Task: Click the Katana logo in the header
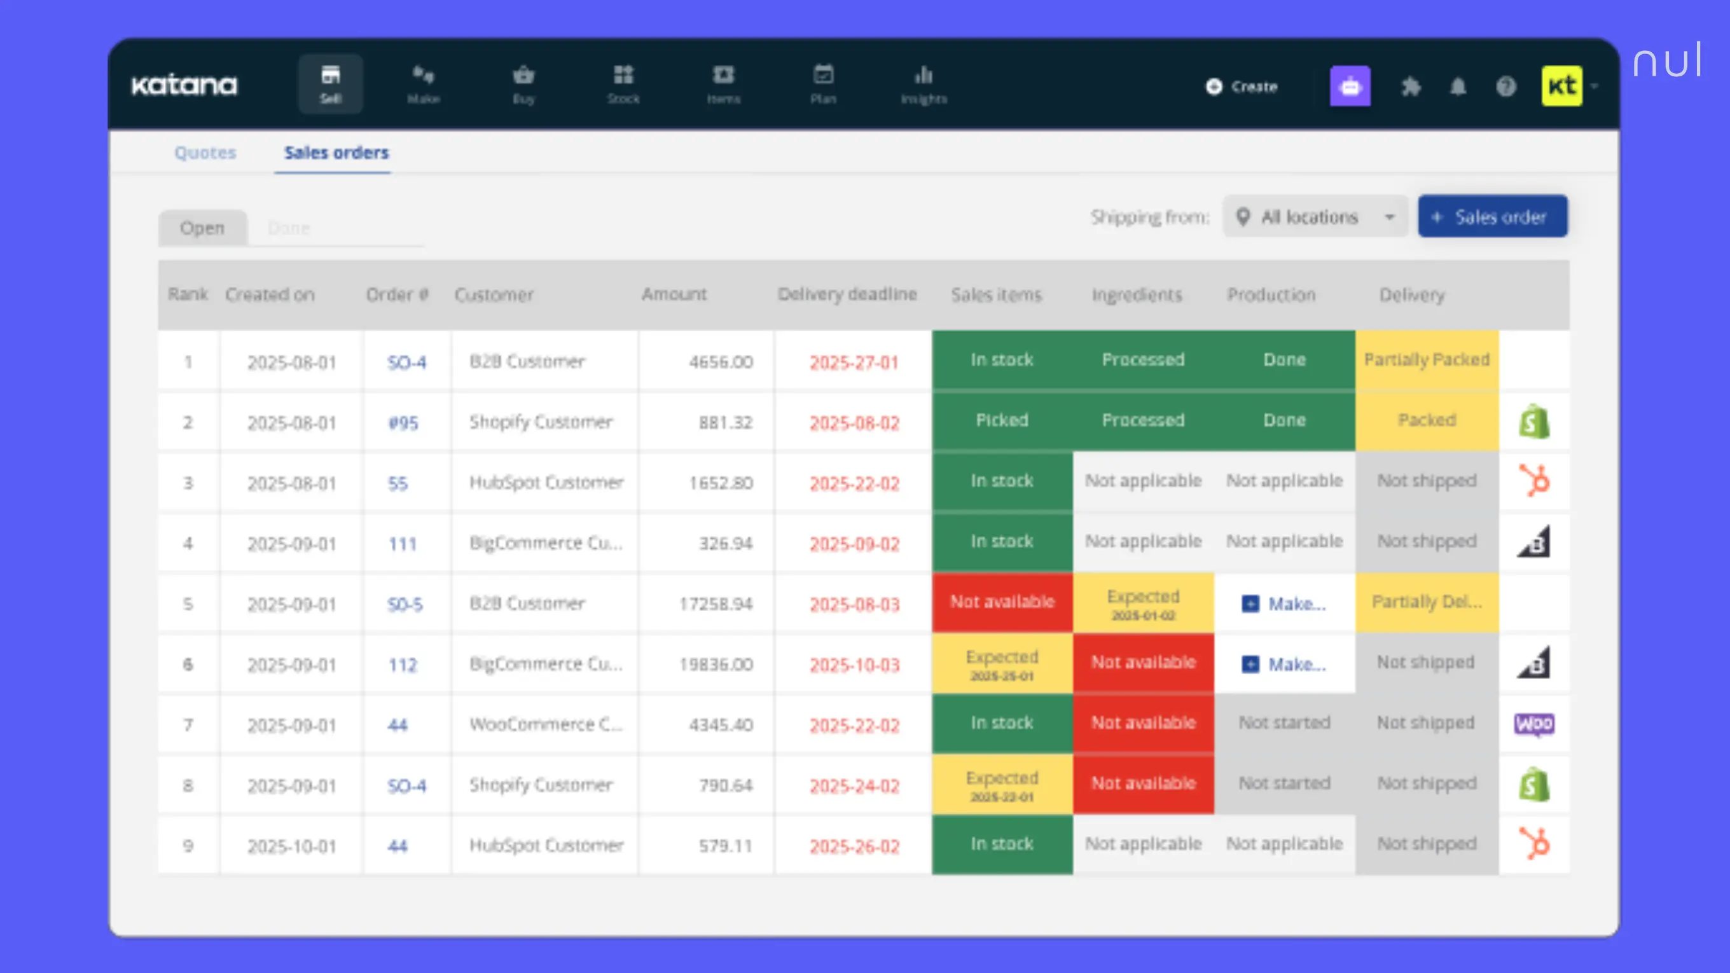[184, 85]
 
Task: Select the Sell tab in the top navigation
[331, 84]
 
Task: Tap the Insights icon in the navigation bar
[924, 84]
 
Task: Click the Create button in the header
[1242, 86]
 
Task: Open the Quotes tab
[205, 153]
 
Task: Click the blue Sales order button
[1492, 216]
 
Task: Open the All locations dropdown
[1315, 216]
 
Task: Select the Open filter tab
[202, 228]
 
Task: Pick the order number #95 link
[403, 422]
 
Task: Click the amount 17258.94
[716, 604]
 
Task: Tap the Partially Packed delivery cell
[1427, 360]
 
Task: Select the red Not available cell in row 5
[1002, 602]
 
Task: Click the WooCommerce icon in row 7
[1534, 724]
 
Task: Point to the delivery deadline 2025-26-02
[854, 846]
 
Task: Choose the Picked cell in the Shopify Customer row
[1001, 420]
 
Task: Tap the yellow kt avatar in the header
[1561, 86]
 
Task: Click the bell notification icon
[1457, 86]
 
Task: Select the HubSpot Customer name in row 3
[546, 482]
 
